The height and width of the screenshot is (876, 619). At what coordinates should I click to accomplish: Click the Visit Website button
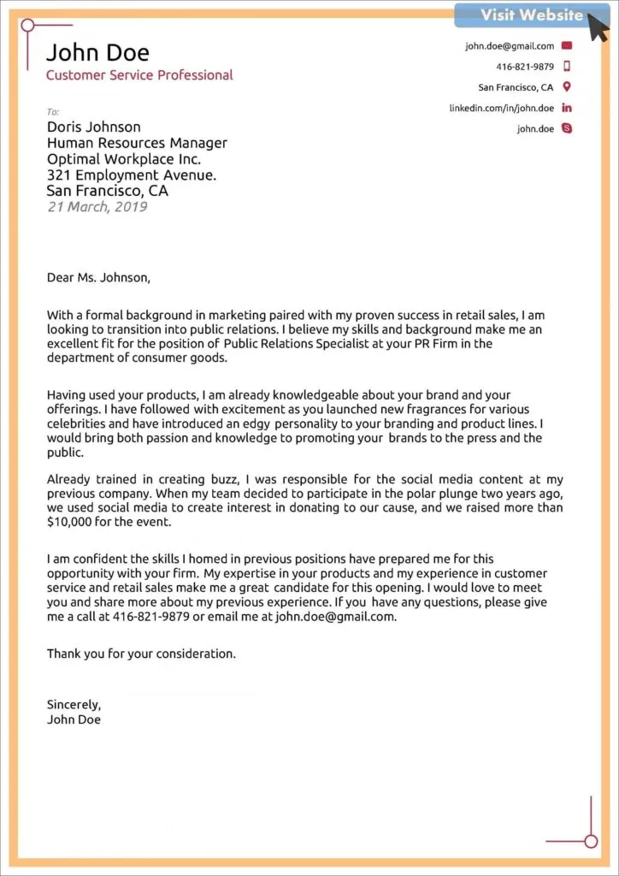(532, 15)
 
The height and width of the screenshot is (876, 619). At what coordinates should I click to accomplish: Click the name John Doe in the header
(97, 53)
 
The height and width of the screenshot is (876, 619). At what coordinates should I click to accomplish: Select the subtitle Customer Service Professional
(139, 75)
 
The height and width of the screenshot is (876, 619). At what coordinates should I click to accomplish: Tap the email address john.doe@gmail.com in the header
(510, 46)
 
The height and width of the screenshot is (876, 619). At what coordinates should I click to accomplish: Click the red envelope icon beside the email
(566, 45)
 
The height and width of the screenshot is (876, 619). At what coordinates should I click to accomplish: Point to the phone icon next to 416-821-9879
(566, 67)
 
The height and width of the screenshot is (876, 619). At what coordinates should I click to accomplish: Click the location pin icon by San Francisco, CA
(566, 87)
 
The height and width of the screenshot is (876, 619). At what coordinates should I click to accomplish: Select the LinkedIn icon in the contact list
(566, 108)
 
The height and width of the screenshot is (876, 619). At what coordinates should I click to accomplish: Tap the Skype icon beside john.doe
(566, 129)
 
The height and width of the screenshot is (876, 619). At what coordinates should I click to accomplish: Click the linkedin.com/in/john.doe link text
(502, 109)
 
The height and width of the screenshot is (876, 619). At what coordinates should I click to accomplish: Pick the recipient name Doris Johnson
(95, 127)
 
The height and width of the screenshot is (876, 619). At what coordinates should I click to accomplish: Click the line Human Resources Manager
(137, 143)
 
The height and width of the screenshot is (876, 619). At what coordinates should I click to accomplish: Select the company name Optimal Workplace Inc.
(123, 159)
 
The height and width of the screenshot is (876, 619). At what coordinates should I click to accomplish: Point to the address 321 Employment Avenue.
(131, 175)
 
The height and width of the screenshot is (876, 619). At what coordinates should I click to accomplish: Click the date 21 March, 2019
(97, 207)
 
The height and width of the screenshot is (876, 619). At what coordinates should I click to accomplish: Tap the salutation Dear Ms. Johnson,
(98, 277)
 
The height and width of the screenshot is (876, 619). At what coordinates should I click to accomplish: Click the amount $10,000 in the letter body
(70, 522)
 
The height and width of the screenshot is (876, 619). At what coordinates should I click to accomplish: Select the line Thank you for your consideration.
(140, 654)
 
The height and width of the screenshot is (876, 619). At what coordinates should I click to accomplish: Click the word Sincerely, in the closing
(74, 705)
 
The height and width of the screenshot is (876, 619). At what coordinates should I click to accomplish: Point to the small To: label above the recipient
(53, 112)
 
